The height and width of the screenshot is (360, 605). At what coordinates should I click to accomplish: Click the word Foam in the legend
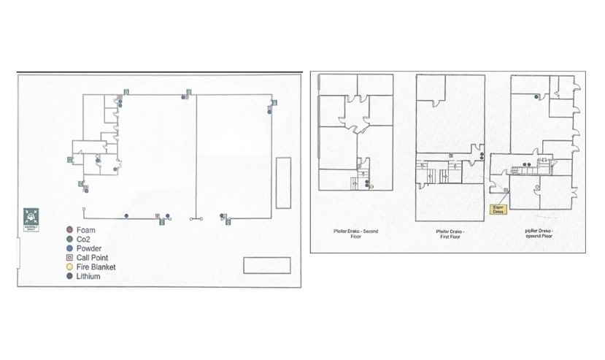[x=85, y=231]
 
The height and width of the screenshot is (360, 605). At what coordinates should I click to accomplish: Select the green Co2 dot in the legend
[x=69, y=240]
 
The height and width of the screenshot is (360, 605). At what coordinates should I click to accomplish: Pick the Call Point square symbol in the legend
[x=69, y=258]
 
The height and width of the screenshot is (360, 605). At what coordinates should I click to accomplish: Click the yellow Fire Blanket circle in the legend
[x=69, y=267]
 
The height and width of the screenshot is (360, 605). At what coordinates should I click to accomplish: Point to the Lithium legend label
[x=88, y=277]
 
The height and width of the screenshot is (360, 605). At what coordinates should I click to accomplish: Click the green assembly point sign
[x=31, y=218]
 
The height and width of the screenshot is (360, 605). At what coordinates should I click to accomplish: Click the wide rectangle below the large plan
[x=266, y=264]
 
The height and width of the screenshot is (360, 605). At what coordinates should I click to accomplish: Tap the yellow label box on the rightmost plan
[x=499, y=209]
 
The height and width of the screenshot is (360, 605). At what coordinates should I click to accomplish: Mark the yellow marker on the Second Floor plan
[x=371, y=187]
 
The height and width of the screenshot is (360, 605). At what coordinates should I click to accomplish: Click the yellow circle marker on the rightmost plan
[x=537, y=188]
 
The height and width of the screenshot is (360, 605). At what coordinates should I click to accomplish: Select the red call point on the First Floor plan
[x=455, y=166]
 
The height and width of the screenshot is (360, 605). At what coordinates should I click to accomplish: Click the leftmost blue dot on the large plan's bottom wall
[x=126, y=215]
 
